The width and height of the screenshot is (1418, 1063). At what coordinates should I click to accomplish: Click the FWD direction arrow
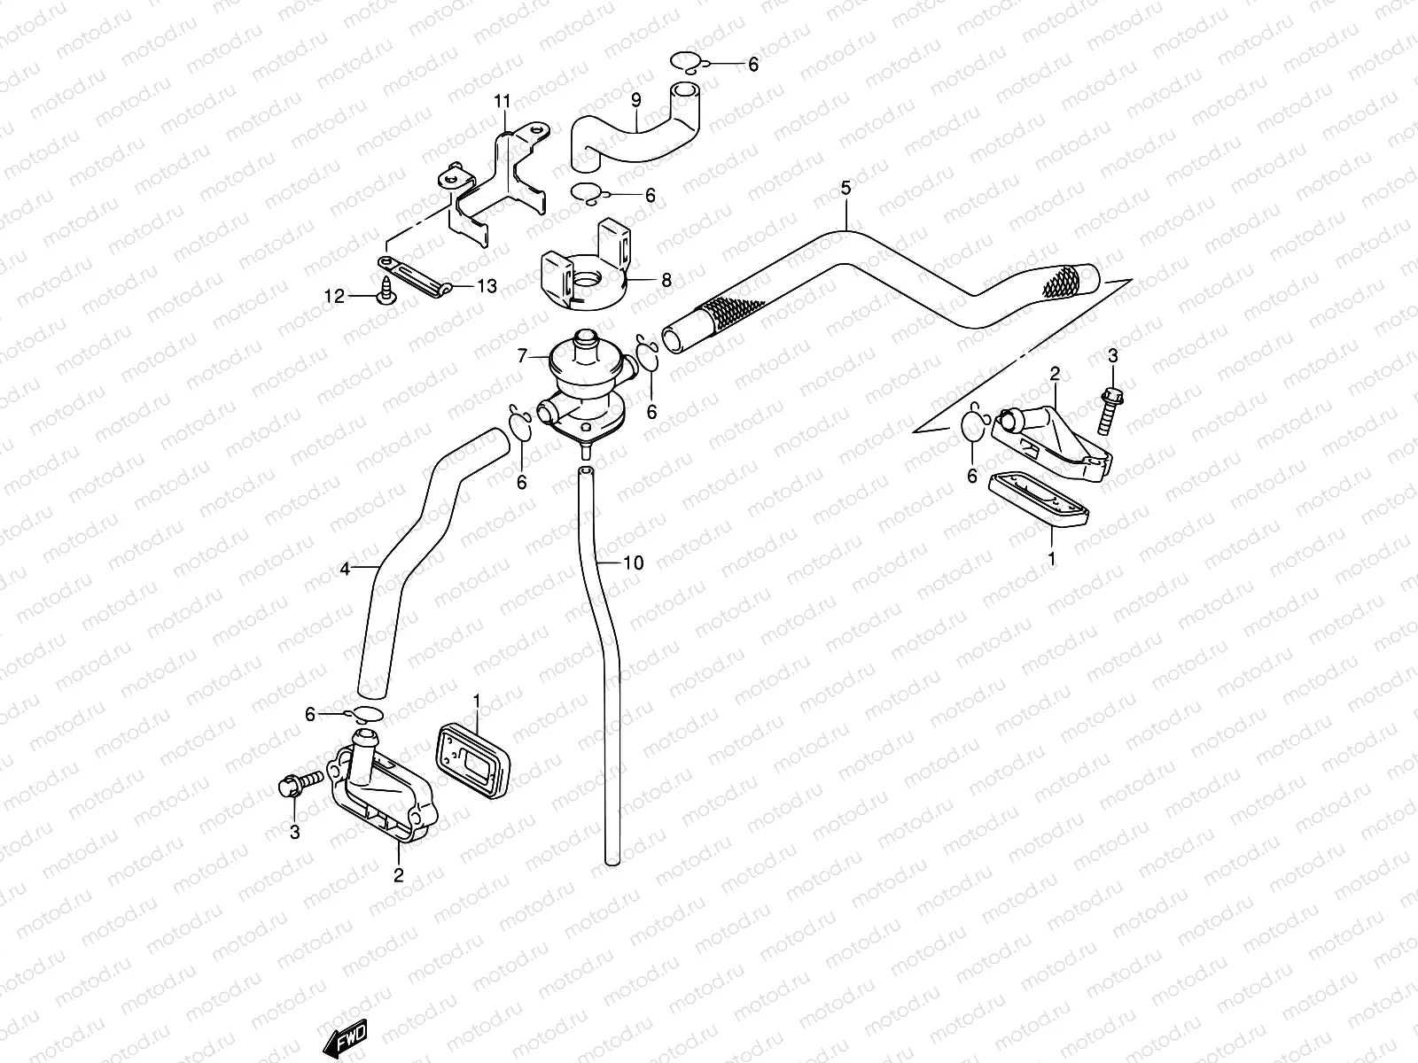[x=345, y=1038]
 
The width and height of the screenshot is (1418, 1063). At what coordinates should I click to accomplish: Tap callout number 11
[x=502, y=101]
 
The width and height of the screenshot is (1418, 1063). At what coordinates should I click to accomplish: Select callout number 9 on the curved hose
[x=636, y=100]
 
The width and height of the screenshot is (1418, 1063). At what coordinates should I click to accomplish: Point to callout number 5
[x=845, y=188]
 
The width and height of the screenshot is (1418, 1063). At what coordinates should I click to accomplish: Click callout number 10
[x=634, y=563]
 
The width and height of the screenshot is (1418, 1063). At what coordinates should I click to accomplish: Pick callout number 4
[x=345, y=569]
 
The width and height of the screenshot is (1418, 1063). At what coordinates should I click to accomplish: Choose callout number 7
[x=523, y=355]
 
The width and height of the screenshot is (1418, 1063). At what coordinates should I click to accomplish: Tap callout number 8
[x=666, y=280]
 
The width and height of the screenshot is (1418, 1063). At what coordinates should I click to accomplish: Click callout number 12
[x=335, y=296]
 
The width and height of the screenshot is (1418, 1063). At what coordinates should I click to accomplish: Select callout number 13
[x=487, y=286]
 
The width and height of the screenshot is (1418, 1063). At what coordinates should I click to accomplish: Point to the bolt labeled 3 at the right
[x=1110, y=410]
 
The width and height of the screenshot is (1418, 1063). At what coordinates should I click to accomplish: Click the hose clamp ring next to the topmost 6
[x=688, y=61]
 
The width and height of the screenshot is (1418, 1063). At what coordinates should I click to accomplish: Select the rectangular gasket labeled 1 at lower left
[x=473, y=760]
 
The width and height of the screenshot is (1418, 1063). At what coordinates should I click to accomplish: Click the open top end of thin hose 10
[x=585, y=472]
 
